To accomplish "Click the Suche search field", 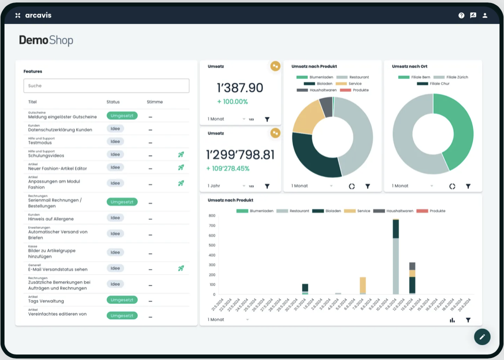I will (x=106, y=86).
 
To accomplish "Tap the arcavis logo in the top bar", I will (x=33, y=15).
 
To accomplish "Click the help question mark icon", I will (x=462, y=15).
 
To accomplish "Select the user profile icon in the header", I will (x=485, y=15).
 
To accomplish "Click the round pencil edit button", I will (x=482, y=337).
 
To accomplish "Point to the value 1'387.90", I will (x=240, y=88).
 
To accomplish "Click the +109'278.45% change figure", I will (x=228, y=169).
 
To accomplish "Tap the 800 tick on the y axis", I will (x=212, y=216).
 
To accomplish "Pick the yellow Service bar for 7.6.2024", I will (x=363, y=286).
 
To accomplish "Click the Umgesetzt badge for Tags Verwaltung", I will (x=122, y=300).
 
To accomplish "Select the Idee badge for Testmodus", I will (x=115, y=142).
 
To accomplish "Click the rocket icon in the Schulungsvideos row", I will (x=181, y=155).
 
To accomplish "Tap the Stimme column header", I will (x=155, y=102).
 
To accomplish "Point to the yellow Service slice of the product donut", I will (x=305, y=120).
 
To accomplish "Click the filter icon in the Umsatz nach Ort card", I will (x=468, y=186).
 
